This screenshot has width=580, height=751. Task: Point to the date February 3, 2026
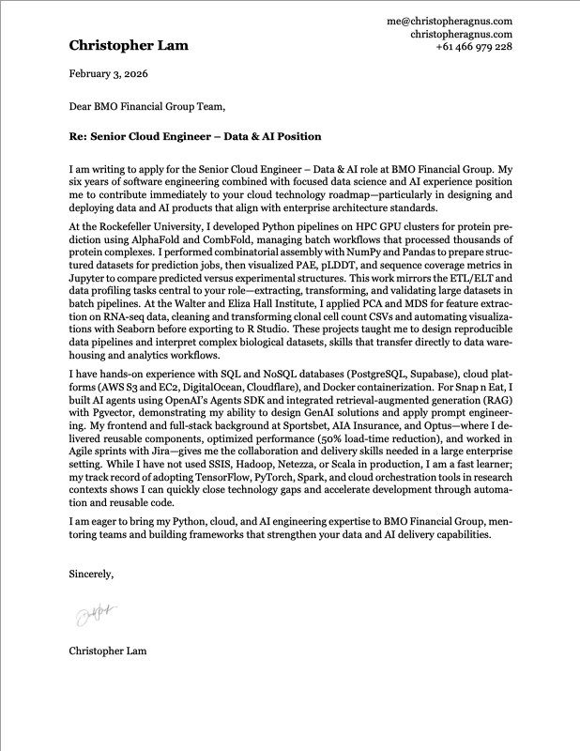[108, 73]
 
